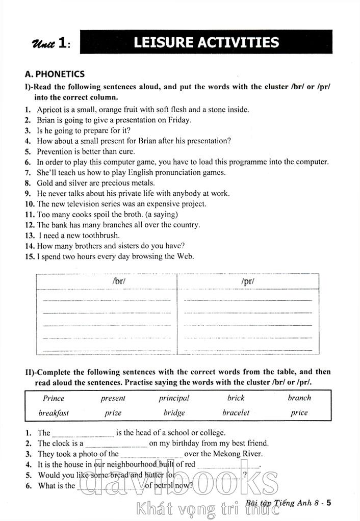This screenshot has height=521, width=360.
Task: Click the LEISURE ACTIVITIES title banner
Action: (x=206, y=42)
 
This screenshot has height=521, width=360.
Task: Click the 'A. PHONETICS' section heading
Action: (x=55, y=74)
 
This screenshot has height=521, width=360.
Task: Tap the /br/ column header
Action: (x=118, y=281)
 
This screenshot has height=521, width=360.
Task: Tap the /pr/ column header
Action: (x=248, y=281)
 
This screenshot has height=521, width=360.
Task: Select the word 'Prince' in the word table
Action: (x=54, y=398)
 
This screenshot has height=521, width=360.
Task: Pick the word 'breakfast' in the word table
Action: (x=54, y=413)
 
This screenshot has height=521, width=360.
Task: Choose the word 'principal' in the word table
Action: (x=173, y=398)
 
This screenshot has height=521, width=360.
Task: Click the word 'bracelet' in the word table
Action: (x=236, y=413)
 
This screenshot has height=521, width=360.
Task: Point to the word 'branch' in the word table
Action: (x=299, y=398)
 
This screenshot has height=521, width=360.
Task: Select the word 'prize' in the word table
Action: (x=113, y=413)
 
